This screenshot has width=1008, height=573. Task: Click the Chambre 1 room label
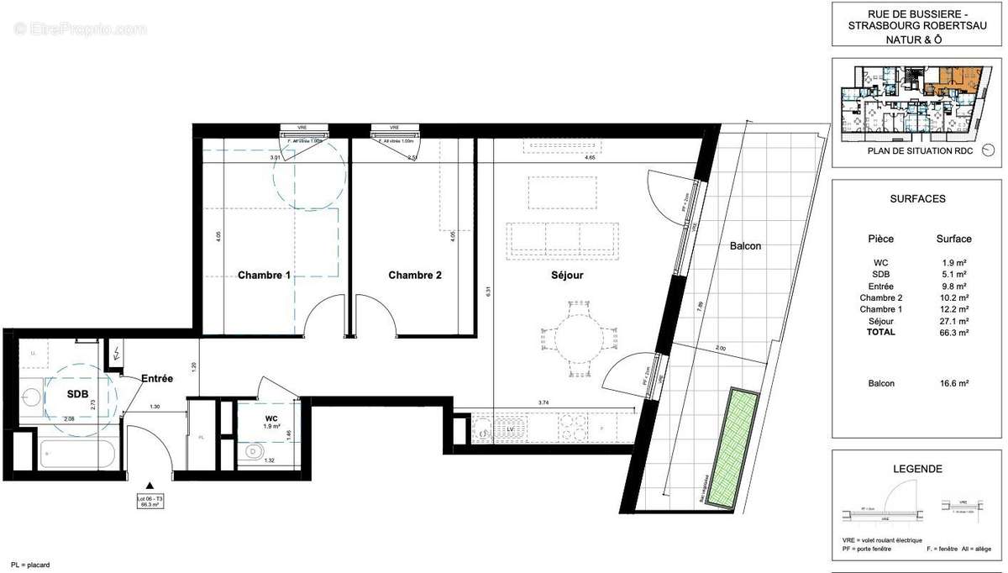(x=264, y=275)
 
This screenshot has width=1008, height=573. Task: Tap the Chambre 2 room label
(x=414, y=275)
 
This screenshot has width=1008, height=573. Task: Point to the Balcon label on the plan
(x=745, y=246)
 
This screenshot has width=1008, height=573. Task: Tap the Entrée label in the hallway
(x=156, y=379)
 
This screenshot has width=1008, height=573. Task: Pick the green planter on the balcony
(x=734, y=448)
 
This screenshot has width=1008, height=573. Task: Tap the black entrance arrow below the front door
(x=150, y=486)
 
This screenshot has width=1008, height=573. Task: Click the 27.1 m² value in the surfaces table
(x=953, y=321)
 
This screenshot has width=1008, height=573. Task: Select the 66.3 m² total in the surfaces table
(x=953, y=333)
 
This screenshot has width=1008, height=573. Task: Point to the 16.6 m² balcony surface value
(x=953, y=383)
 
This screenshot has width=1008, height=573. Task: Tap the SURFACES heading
(x=917, y=199)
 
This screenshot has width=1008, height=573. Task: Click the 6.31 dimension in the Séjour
(x=486, y=292)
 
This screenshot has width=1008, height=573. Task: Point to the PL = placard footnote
(x=30, y=565)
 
